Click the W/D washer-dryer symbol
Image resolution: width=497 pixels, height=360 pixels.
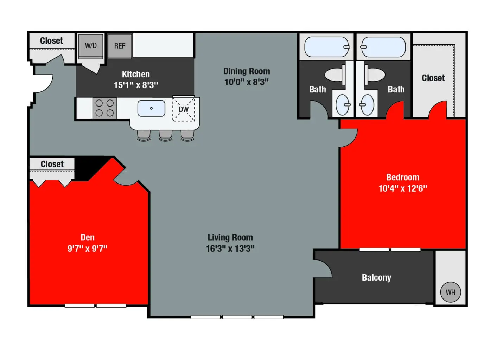91,46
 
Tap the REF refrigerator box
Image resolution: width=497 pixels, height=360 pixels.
120,46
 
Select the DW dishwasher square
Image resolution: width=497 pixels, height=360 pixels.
184,109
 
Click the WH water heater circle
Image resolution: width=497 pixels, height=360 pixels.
451,292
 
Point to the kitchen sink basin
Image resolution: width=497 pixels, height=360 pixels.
151,108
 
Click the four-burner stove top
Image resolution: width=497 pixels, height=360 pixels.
105,108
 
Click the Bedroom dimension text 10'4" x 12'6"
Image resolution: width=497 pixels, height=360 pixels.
403,188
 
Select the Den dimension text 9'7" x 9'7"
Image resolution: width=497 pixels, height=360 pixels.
87,249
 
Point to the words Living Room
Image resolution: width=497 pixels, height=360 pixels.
230,238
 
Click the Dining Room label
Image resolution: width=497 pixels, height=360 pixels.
247,71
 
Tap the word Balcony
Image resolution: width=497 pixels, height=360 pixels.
376,278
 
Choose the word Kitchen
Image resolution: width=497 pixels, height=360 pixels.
136,74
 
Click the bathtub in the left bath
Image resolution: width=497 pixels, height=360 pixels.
327,47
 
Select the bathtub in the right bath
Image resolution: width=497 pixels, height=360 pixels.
383,47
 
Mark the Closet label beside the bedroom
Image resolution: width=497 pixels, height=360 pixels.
433,78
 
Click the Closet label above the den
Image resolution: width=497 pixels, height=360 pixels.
52,164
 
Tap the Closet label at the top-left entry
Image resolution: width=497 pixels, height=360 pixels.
51,41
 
